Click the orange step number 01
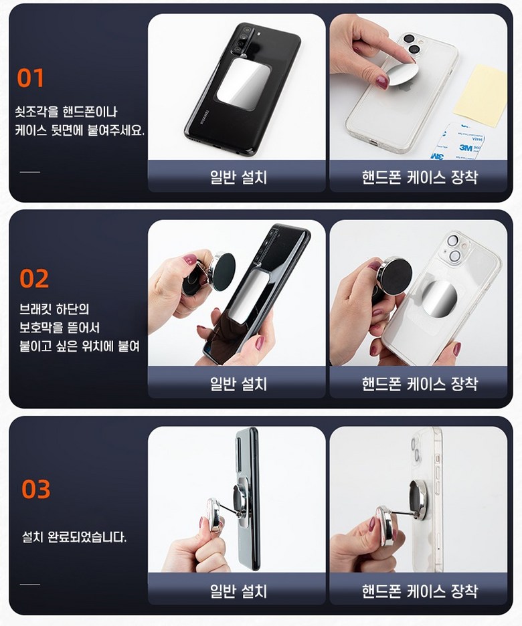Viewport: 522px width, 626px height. pos(30,78)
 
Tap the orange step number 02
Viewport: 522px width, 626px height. pos(34,279)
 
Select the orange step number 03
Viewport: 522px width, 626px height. pos(36,490)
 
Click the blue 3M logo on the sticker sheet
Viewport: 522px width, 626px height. pos(466,148)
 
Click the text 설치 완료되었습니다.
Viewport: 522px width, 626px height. pos(74,537)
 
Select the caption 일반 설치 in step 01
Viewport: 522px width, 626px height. pos(238,177)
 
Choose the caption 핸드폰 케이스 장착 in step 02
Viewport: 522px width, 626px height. pos(420,383)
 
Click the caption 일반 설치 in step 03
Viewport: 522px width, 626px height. pos(238,591)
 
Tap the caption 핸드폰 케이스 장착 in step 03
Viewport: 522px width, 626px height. pos(420,591)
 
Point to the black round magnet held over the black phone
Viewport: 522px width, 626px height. pos(224,272)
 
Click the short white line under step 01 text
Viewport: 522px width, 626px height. pos(30,172)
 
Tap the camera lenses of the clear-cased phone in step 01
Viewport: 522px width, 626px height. pos(412,44)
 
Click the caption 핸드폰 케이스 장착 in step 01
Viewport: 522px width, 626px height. pos(420,177)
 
